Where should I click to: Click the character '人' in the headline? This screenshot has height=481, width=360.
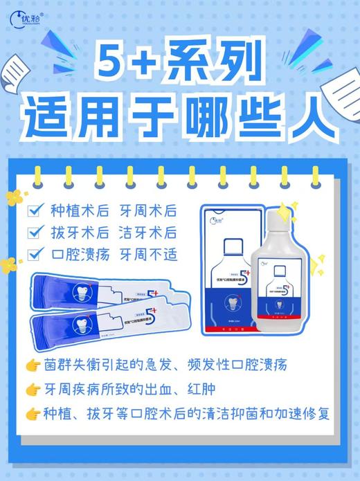(x=305, y=118)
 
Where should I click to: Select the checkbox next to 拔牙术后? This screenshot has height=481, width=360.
(x=33, y=233)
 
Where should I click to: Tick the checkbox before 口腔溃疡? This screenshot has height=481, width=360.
(x=33, y=254)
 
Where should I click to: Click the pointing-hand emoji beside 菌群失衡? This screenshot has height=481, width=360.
(x=32, y=365)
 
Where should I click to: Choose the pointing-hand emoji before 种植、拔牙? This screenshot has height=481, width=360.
(x=32, y=415)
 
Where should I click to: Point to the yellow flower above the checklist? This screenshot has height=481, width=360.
(x=15, y=198)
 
